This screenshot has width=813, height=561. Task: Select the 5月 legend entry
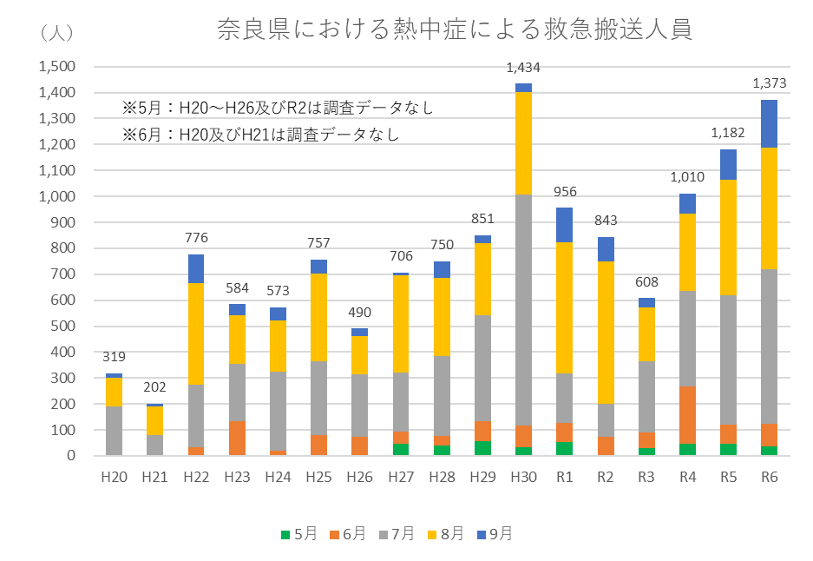299,534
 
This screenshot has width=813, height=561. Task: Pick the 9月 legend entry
495,534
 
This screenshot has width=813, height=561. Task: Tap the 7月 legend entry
397,534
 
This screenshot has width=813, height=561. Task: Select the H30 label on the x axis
523,477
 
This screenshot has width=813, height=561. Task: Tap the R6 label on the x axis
769,477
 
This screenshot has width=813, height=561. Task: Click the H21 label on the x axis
154,477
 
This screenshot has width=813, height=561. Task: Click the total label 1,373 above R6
769,83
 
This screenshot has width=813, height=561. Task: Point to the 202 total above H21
154,387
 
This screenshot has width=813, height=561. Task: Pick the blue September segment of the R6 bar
769,123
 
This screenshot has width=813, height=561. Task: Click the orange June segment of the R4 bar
687,415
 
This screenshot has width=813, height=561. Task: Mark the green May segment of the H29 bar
482,448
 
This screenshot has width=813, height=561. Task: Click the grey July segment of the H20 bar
114,431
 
